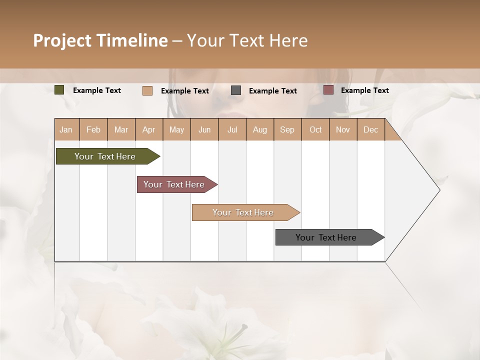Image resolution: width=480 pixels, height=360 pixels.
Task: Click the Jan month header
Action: pos(66,129)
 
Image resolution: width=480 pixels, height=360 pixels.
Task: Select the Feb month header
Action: pos(93,129)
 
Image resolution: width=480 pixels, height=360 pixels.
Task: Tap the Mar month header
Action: pos(121,129)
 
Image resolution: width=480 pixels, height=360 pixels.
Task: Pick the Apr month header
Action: pos(149,129)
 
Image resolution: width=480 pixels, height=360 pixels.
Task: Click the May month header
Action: pos(176,129)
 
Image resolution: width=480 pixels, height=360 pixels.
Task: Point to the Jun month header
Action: pos(204,129)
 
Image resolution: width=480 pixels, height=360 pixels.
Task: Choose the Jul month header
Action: pos(232,129)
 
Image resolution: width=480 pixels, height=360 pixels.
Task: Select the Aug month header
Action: pos(260,129)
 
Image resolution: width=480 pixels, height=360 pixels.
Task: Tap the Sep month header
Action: pos(287,129)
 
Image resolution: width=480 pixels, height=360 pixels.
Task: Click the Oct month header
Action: pos(315,129)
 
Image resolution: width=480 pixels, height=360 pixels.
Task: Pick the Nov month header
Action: pos(343,129)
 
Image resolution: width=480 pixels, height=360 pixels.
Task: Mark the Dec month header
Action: pos(371,129)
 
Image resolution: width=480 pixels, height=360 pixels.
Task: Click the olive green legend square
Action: pos(59,90)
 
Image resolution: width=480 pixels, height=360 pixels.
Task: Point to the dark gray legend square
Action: pos(236,90)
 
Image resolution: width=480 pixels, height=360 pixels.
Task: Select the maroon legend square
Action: pos(328,90)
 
